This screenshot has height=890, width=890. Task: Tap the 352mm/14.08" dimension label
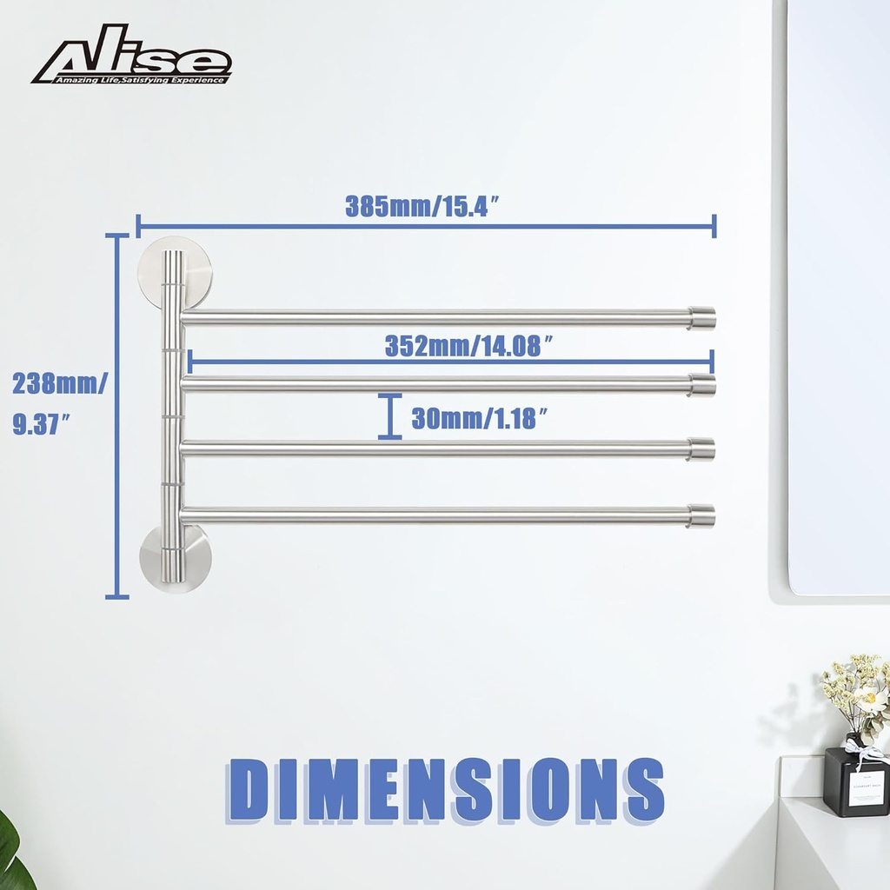tap(469, 346)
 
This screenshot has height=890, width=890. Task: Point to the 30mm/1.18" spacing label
tap(479, 419)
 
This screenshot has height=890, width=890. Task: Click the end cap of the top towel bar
tap(702, 318)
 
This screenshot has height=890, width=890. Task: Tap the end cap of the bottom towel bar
tap(702, 515)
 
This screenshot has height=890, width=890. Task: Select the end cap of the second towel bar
tap(702, 384)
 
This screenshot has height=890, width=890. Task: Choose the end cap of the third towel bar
tap(702, 449)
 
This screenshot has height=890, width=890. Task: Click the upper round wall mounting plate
tap(175, 275)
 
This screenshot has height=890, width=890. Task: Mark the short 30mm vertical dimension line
tap(390, 417)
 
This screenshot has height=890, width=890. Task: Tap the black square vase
tap(856, 782)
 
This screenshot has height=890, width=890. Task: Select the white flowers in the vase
tap(856, 691)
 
